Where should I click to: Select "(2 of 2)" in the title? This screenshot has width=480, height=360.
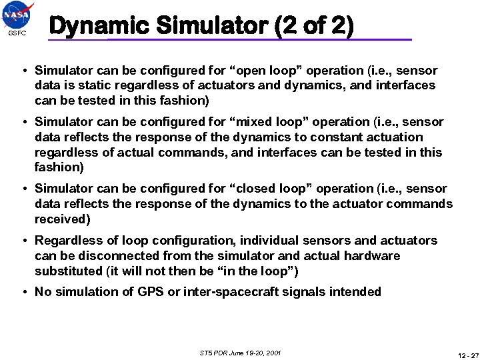313,26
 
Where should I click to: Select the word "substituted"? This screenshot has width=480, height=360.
67,271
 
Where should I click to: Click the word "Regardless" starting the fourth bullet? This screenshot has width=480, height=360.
68,241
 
